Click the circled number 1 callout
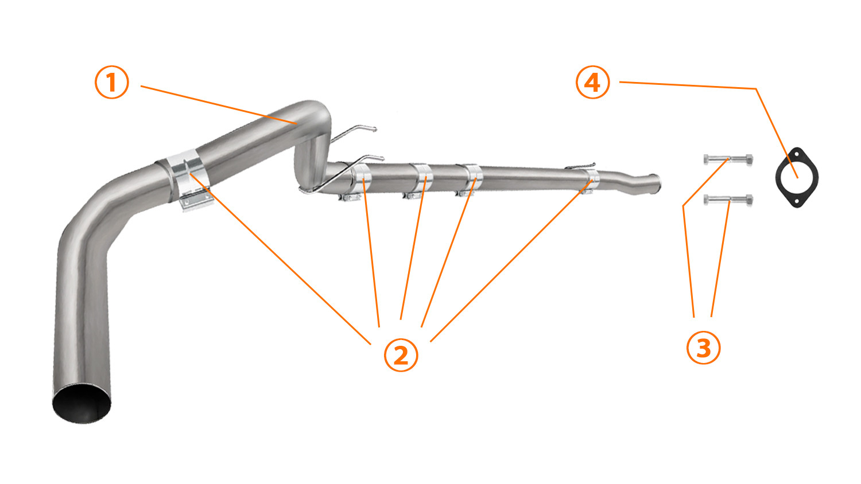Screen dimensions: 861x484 click(111, 82)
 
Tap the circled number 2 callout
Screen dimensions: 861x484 click(401, 355)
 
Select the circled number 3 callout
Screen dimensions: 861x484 click(703, 348)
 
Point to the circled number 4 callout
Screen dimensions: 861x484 click(593, 82)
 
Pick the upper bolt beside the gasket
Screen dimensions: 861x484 click(728, 159)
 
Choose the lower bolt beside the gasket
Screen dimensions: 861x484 click(728, 200)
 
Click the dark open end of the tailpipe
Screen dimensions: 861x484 click(82, 403)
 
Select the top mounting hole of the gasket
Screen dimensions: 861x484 click(797, 154)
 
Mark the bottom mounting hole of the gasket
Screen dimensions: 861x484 click(797, 201)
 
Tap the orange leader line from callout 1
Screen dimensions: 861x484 click(219, 105)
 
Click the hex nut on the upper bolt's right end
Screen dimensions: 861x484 click(748, 159)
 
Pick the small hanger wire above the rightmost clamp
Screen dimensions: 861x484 click(580, 166)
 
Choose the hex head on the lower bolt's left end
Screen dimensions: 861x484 click(707, 200)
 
